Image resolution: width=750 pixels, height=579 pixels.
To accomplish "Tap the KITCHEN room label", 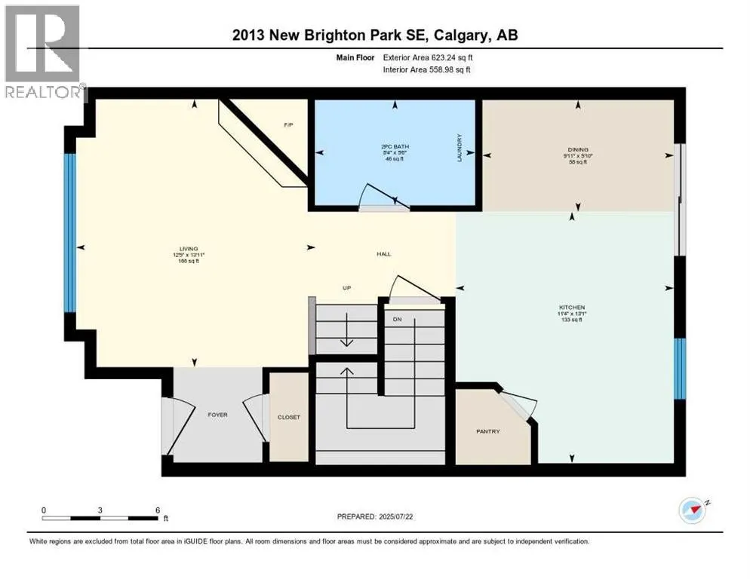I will [570, 308].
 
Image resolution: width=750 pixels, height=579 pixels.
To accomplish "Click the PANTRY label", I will [488, 431].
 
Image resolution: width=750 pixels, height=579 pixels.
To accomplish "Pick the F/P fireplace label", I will [287, 124].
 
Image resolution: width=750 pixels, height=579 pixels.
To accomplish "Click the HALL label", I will [384, 255].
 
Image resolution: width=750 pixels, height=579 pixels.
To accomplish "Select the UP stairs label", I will [346, 288].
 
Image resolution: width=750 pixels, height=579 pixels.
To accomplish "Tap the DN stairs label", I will [397, 319].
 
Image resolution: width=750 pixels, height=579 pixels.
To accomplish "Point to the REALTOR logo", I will [43, 53].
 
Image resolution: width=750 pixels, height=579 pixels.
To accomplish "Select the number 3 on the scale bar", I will [100, 510].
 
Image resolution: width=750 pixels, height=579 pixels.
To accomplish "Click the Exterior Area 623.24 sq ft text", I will [429, 57].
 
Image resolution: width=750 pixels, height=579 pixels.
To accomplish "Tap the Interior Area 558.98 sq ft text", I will [429, 70].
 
